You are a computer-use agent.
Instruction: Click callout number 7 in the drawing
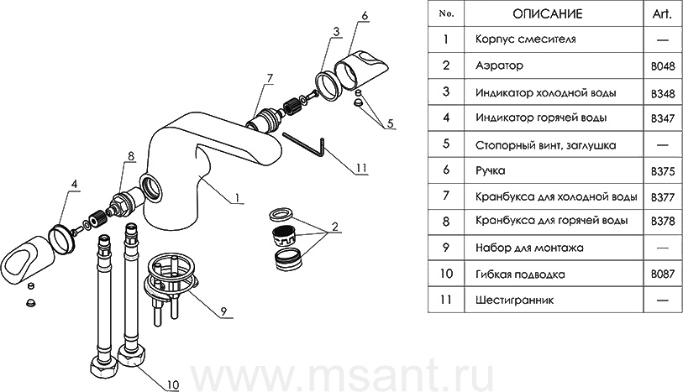click(x=270, y=79)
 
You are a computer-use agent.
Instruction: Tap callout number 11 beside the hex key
click(x=361, y=168)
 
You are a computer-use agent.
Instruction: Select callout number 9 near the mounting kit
click(x=225, y=311)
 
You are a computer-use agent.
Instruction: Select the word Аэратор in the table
click(x=499, y=65)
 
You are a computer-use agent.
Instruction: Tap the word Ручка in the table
click(x=491, y=170)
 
